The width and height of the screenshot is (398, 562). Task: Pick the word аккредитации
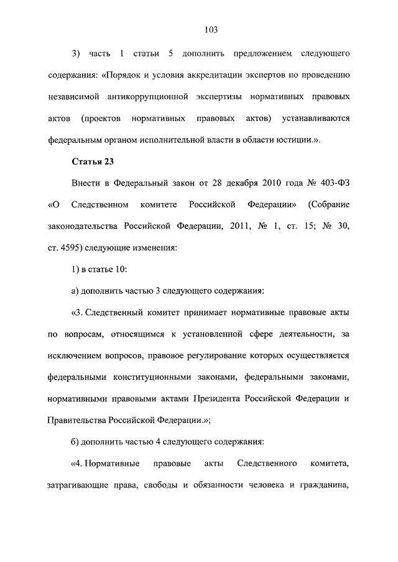point(205,77)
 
